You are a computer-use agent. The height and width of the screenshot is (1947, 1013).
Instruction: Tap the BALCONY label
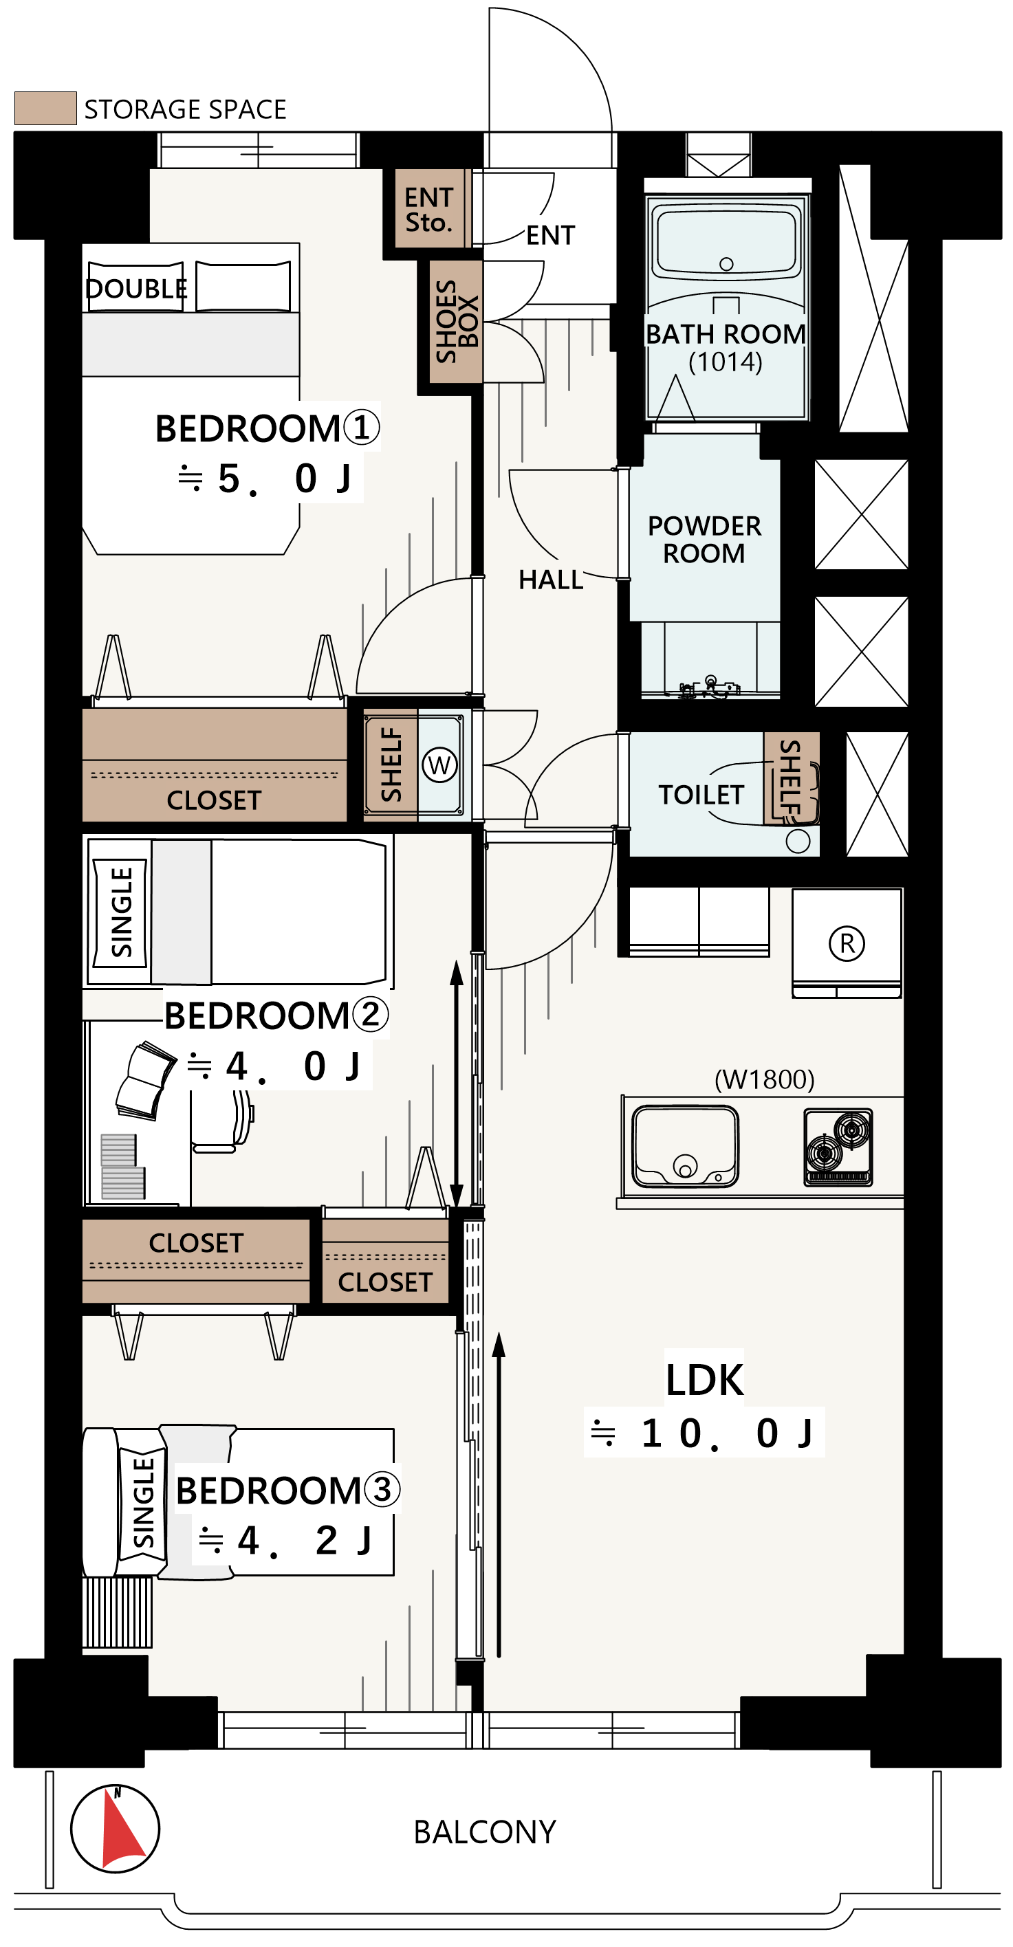pyautogui.click(x=485, y=1832)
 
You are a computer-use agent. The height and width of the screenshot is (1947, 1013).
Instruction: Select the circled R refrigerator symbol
pyautogui.click(x=847, y=943)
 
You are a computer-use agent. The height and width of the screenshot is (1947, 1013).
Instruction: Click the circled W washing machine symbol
pyautogui.click(x=439, y=765)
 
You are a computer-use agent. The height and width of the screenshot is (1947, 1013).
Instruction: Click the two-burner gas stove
pyautogui.click(x=838, y=1147)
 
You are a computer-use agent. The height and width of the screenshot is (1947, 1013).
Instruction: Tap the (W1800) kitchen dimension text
pyautogui.click(x=764, y=1079)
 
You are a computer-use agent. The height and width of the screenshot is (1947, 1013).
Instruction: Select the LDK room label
pyautogui.click(x=705, y=1380)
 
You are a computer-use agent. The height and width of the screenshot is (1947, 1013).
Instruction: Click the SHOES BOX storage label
pyautogui.click(x=457, y=321)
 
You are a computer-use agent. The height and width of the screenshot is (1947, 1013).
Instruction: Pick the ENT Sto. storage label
pyautogui.click(x=428, y=210)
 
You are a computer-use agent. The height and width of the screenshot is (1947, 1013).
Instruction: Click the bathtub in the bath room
pyautogui.click(x=726, y=236)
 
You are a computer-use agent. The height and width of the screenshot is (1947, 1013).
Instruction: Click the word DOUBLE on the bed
pyautogui.click(x=136, y=288)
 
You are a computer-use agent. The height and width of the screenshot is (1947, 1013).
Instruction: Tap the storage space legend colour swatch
pyautogui.click(x=45, y=108)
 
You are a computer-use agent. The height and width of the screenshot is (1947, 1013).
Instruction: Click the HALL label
pyautogui.click(x=550, y=580)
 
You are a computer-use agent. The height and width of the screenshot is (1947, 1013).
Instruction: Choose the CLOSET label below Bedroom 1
pyautogui.click(x=214, y=800)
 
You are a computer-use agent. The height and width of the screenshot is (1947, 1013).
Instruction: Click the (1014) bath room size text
pyautogui.click(x=725, y=362)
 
